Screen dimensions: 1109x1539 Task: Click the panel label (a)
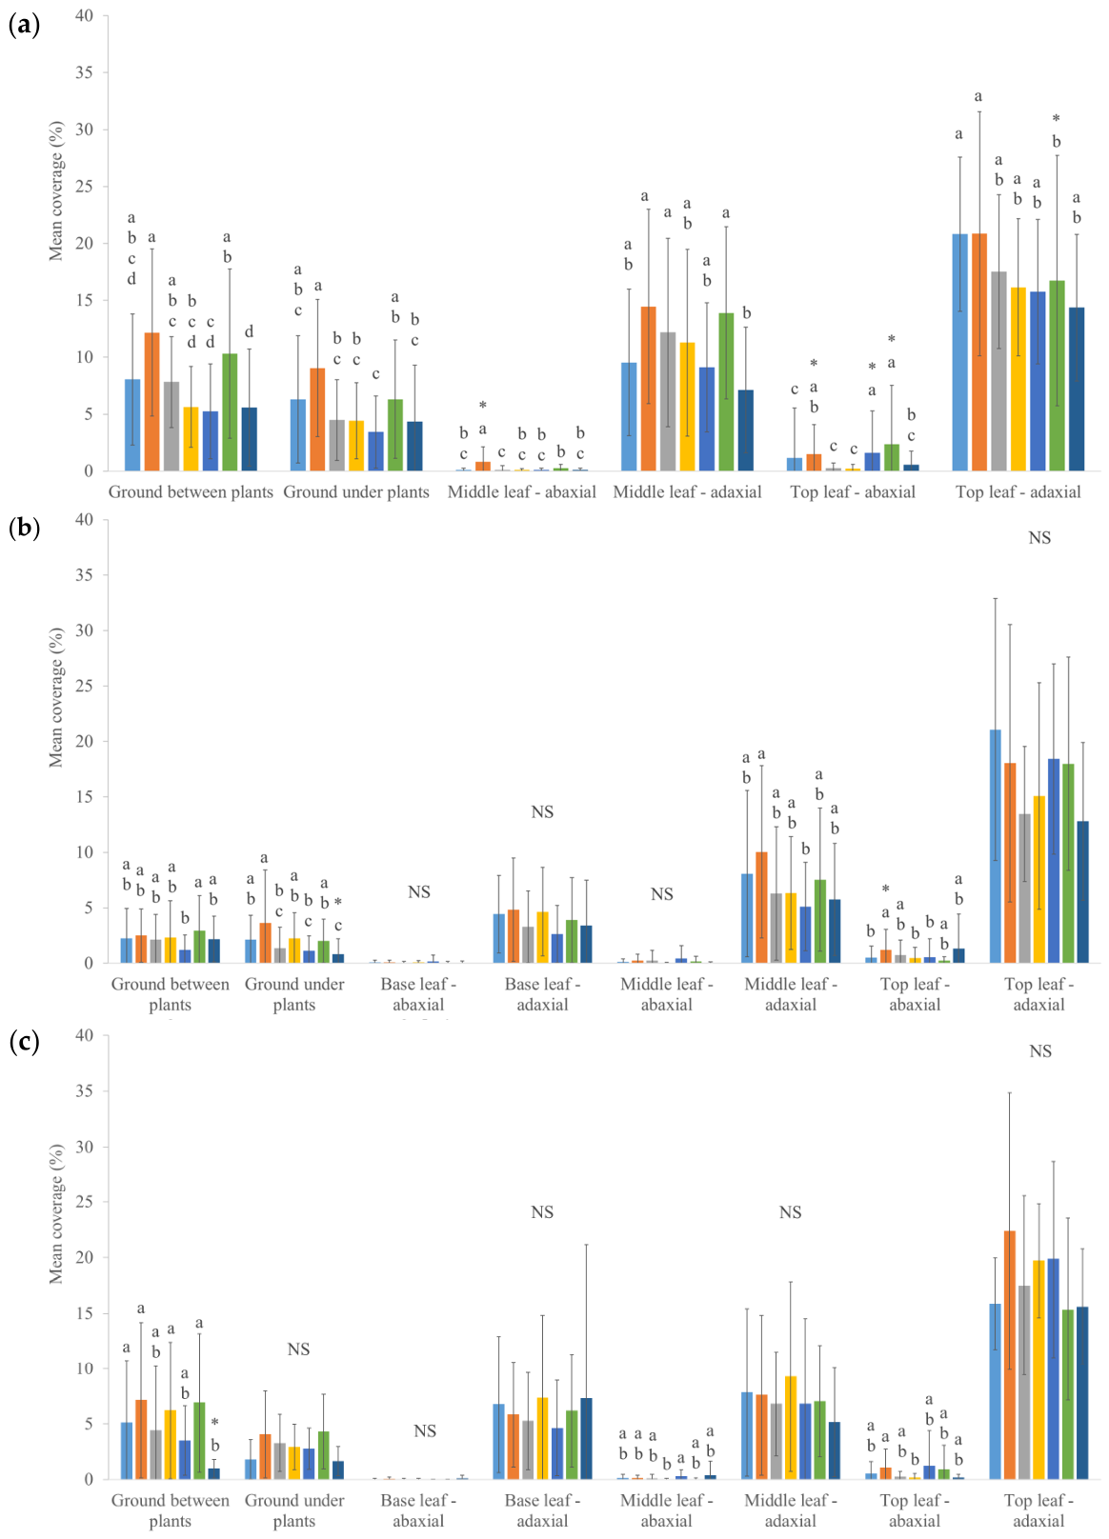coord(24,26)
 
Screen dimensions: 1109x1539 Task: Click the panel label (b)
coord(24,529)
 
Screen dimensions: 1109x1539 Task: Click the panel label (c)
coord(24,1042)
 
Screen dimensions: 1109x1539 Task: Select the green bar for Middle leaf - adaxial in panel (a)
coord(726,392)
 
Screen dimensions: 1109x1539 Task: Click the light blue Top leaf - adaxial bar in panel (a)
coord(959,352)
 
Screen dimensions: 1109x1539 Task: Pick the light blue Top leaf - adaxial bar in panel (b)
coord(995,847)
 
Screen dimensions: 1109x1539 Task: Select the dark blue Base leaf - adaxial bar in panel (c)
coord(586,1439)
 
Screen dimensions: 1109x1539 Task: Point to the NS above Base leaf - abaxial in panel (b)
coord(418,891)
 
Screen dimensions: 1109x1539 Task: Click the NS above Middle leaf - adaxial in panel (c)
coord(790,1212)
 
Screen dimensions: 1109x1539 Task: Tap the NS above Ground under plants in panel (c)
coord(298,1349)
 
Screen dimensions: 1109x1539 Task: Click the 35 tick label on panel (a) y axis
coord(84,72)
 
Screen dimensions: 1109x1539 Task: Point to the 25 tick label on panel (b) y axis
coord(84,687)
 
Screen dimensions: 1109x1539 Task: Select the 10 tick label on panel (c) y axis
coord(84,1369)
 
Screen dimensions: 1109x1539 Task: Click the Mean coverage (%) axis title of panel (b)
coord(55,697)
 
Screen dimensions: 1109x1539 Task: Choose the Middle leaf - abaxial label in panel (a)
coord(522,492)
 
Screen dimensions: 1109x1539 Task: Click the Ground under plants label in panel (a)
coord(356,492)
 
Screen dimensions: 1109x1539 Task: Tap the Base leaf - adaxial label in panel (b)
coord(542,994)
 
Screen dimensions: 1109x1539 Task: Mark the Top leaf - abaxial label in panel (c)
coord(915,1510)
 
